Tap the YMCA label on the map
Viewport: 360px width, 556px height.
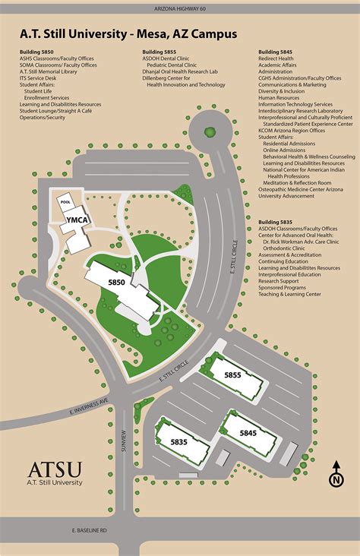[77, 220]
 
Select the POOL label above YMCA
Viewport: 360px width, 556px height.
[65, 203]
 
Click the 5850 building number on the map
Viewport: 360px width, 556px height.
[116, 283]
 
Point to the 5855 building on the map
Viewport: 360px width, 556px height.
[232, 374]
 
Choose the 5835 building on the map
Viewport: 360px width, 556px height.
[178, 442]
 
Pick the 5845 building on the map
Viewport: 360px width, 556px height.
[248, 432]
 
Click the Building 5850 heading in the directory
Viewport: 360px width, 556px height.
[36, 52]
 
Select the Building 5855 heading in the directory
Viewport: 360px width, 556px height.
[158, 52]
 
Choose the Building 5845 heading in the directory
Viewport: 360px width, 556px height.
[275, 52]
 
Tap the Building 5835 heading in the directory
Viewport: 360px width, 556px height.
[275, 222]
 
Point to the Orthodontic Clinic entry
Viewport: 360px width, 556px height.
[288, 248]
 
